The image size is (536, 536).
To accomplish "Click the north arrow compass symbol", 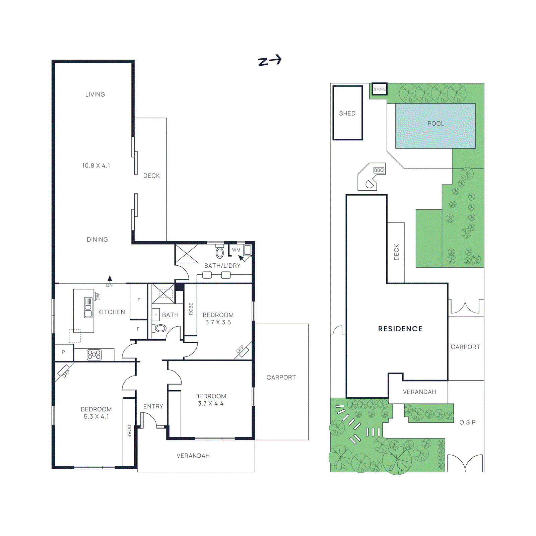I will tap(270, 61).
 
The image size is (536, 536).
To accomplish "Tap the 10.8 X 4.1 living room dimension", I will tap(96, 165).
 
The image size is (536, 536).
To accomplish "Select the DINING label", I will tap(97, 240).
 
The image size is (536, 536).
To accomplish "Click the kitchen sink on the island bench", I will tap(88, 307).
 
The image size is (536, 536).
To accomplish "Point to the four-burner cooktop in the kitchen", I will tap(94, 355).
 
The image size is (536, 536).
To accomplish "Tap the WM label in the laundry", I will tap(236, 250).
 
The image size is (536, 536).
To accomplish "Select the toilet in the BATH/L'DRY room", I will tap(220, 252).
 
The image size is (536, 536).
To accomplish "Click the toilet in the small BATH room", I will tap(160, 328).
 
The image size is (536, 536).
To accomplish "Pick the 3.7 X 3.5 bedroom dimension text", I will tap(218, 322).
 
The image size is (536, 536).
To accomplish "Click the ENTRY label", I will tap(153, 406).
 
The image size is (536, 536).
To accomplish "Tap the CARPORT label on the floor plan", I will tap(281, 378).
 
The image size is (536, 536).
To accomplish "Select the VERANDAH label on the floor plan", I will tap(193, 456).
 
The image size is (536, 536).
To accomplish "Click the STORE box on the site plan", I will tap(380, 89).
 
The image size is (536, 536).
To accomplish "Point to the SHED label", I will tap(347, 114).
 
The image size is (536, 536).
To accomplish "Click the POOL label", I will tap(435, 124).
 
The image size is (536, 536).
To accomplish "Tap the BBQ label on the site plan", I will tap(379, 170).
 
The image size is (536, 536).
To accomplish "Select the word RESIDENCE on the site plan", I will tap(400, 329).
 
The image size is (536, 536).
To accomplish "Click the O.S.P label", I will tap(467, 422).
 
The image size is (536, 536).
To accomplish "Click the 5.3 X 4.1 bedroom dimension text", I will tap(96, 417).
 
